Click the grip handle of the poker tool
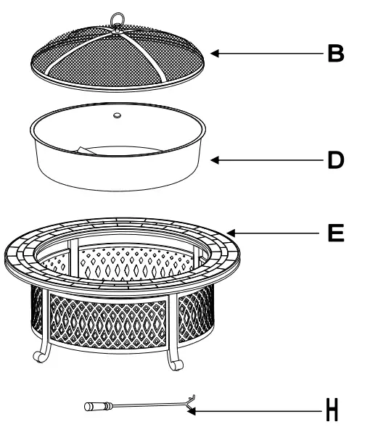coord(94,407)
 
